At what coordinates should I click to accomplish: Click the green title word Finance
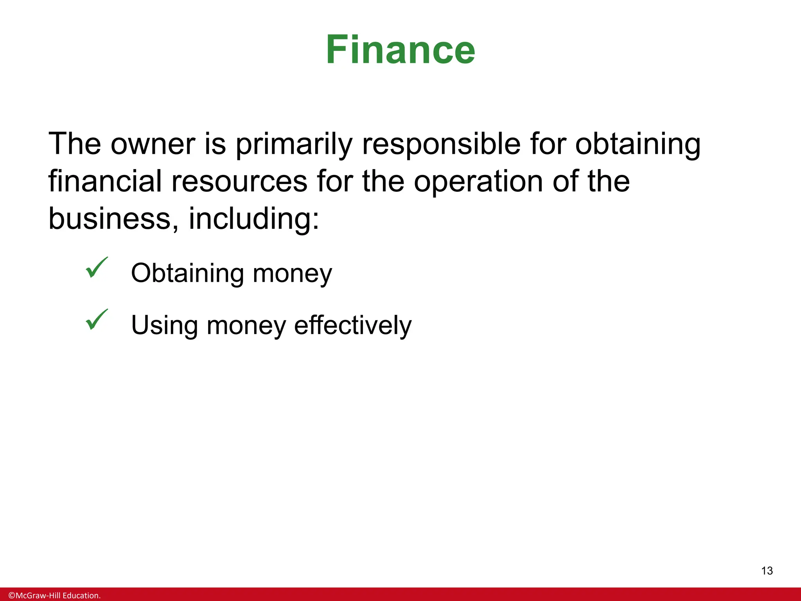point(400,50)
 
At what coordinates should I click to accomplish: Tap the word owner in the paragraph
point(153,144)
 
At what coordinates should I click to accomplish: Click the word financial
point(105,181)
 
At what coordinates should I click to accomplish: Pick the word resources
point(239,182)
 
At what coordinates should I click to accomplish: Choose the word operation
point(478,182)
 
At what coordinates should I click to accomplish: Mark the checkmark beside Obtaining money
point(96,268)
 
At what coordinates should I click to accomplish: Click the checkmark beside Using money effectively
point(96,320)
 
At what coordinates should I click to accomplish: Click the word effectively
point(353,325)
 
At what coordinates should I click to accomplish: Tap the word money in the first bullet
point(292,274)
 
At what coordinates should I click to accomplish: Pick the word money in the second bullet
point(246,326)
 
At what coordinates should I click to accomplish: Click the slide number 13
point(767,571)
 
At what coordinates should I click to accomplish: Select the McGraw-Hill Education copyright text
point(54,596)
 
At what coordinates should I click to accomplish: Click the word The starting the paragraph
point(75,144)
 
